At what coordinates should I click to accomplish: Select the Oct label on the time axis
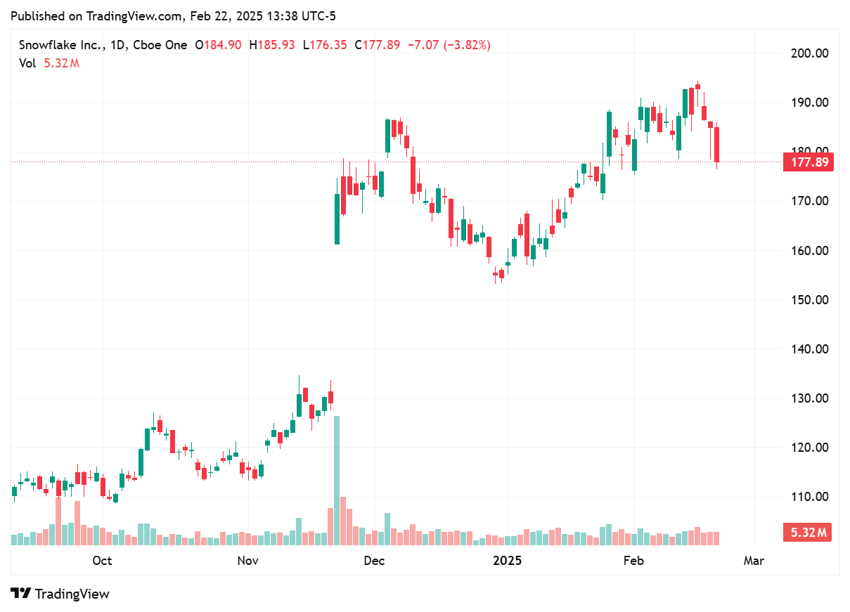click(x=102, y=561)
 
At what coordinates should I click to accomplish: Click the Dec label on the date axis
click(x=374, y=561)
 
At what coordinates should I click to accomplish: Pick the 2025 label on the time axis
click(x=507, y=561)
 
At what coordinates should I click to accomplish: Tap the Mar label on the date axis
click(x=754, y=561)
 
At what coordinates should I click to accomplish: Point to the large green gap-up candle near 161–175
click(x=337, y=209)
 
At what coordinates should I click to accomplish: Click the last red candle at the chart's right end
click(x=716, y=144)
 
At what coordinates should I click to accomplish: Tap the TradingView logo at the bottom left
click(x=60, y=594)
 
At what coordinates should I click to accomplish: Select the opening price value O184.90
click(x=218, y=45)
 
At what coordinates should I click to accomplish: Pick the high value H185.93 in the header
click(x=271, y=45)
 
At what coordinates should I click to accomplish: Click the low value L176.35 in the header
click(x=325, y=45)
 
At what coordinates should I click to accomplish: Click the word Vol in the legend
click(x=27, y=63)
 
